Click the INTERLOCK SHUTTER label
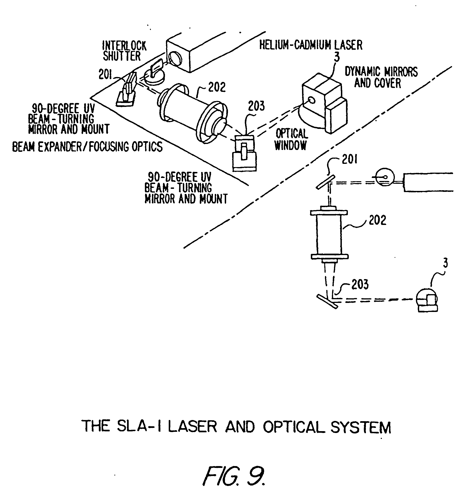point(124,51)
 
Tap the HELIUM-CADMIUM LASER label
point(311,45)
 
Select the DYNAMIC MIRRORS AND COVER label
point(381,77)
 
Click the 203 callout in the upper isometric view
point(256,106)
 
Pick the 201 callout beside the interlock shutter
point(105,75)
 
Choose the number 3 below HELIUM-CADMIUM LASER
point(337,57)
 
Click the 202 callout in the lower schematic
point(377,220)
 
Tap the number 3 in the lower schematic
point(446,263)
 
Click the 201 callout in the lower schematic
point(350,159)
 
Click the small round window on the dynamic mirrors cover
point(312,100)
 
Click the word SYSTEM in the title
point(361,427)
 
